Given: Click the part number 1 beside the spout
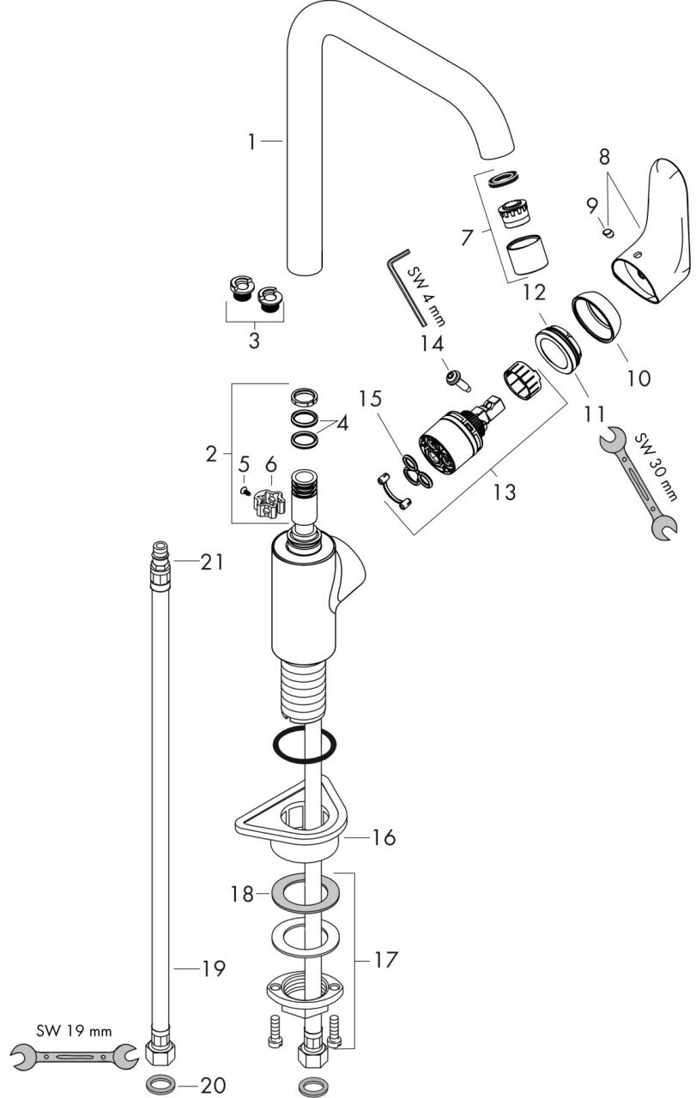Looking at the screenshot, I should (x=252, y=142).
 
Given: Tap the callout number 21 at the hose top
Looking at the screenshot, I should (x=212, y=562).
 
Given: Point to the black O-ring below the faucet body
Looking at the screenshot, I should (x=304, y=745).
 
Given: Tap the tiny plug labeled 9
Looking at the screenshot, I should (x=608, y=232).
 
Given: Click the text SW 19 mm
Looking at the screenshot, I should (x=73, y=1029).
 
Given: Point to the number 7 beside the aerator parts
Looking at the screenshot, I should (x=467, y=237).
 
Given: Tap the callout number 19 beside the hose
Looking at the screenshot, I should (x=212, y=968).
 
